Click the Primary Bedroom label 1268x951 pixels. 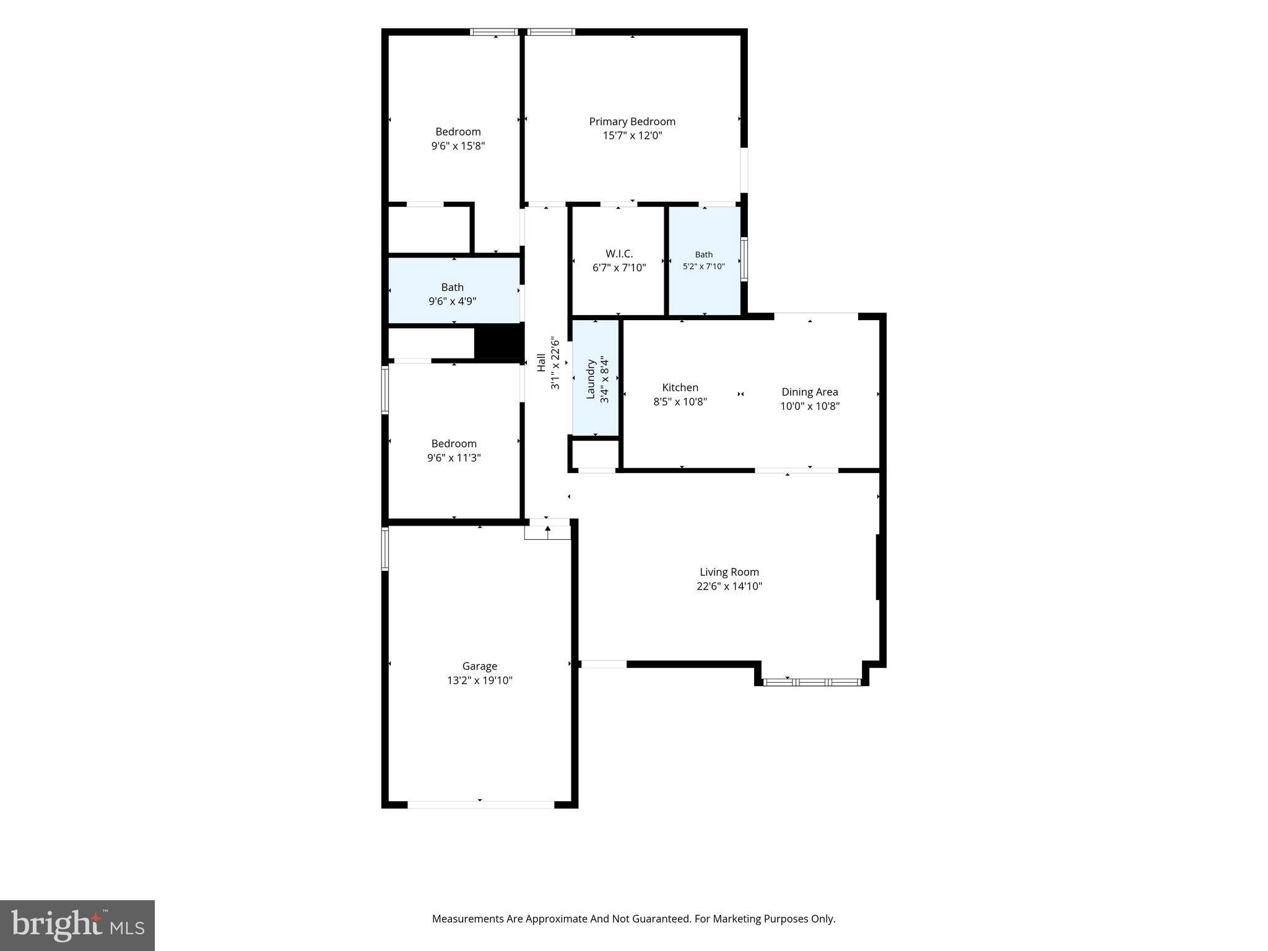632,121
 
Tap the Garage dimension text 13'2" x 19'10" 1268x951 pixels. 480,680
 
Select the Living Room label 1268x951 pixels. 729,572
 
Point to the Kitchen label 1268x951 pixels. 680,388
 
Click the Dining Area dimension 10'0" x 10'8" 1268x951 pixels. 810,406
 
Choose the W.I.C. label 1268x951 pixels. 619,254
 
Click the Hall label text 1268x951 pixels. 541,363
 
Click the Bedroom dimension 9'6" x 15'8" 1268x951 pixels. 458,146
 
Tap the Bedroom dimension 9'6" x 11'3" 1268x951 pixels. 454,458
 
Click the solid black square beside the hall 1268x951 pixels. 499,342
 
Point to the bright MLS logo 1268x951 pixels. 77,925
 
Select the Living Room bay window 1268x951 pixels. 812,682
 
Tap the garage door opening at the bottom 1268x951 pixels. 480,804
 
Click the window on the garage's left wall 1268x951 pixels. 385,549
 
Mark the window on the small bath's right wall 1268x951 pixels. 744,259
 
